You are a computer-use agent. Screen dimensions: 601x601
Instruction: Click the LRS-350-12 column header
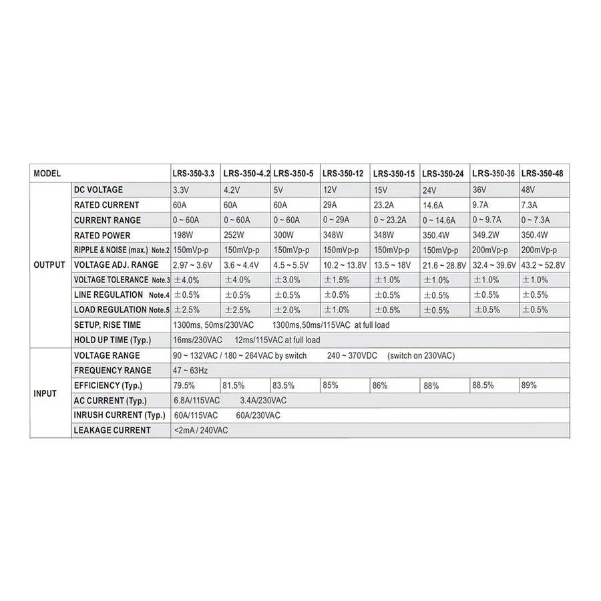pos(343,174)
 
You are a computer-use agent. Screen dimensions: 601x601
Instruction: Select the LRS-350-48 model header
pos(542,174)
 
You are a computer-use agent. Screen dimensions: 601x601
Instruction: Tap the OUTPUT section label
pos(49,264)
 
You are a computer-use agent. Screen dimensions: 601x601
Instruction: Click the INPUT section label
pos(45,393)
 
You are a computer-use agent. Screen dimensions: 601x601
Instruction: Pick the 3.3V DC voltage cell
pos(182,190)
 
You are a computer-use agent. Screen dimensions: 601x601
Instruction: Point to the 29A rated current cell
pos(331,205)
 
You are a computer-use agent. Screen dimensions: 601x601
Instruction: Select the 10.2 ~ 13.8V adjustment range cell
pos(345,265)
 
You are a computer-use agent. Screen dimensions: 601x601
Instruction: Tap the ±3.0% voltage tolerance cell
pos(287,280)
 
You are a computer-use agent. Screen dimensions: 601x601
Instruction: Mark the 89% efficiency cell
pos(530,385)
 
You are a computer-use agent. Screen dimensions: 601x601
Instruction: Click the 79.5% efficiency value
pos(184,385)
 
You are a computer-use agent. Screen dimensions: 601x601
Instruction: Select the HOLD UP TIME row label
pos(110,340)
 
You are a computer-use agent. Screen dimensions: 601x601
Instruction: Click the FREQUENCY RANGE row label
pos(113,370)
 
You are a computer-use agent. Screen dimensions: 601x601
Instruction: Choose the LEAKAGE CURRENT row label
pos(112,430)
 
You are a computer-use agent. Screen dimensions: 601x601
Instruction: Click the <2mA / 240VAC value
pos(201,430)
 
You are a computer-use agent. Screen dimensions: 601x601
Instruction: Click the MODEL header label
pos(47,174)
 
